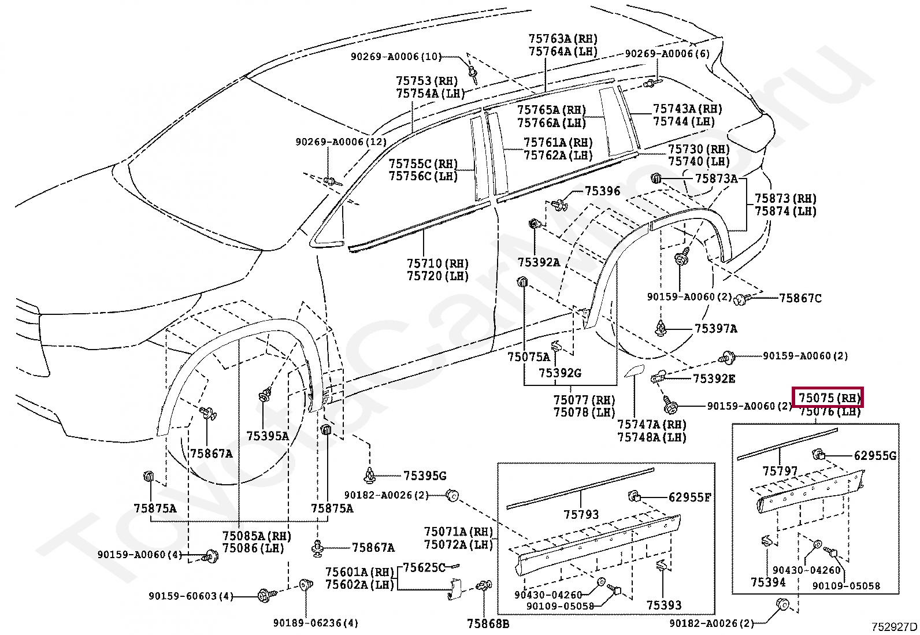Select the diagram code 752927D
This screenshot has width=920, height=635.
894,627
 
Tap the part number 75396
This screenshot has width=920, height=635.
603,191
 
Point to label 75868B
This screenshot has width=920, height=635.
488,624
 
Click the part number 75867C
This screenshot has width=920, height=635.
800,298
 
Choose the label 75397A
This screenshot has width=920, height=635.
716,329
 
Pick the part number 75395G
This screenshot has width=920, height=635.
425,476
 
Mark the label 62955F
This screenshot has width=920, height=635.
689,497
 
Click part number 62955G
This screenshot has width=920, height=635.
876,455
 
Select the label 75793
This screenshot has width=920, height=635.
581,514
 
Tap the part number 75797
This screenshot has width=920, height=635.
780,471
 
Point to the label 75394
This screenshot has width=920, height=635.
768,582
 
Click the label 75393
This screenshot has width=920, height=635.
664,605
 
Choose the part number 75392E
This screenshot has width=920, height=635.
714,378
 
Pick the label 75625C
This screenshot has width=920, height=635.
424,567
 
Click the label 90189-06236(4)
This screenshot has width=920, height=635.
316,623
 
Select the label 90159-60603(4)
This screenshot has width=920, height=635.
191,596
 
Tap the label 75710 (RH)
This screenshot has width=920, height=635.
438,263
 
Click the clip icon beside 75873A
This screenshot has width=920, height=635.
656,179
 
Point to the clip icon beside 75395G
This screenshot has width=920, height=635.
369,476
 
